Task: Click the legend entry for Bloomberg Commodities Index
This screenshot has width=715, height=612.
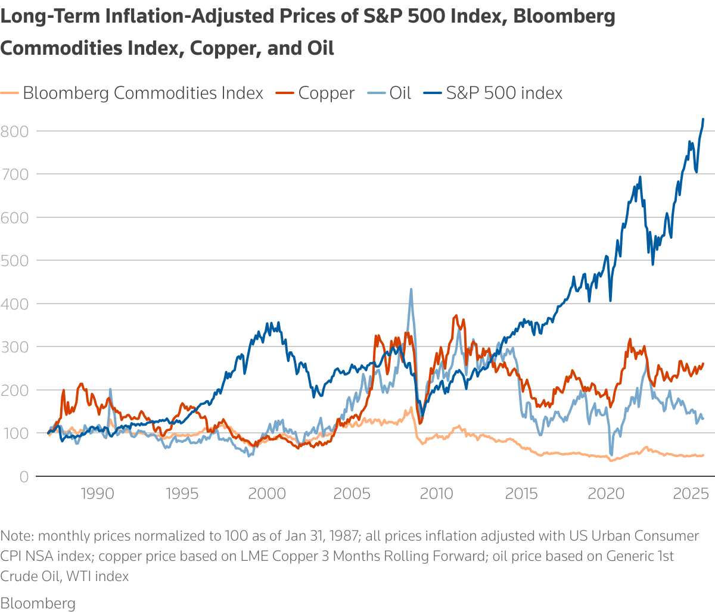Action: [x=143, y=93]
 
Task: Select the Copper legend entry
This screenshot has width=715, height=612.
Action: [x=326, y=93]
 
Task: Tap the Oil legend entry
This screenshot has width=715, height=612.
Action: [x=400, y=93]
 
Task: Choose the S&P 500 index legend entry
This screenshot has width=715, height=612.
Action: [x=504, y=93]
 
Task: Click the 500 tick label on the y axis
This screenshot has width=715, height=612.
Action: [x=14, y=260]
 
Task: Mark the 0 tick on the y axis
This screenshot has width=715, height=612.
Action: [x=23, y=476]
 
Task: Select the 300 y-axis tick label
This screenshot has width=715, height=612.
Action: [x=14, y=346]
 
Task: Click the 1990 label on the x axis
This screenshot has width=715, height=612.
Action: [x=97, y=494]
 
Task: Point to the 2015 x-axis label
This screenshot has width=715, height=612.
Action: [x=521, y=494]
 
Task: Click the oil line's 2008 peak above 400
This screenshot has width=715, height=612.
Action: [x=411, y=289]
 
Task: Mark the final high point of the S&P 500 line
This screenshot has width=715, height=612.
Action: [x=703, y=119]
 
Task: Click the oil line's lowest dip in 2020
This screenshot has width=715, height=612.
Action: [x=611, y=455]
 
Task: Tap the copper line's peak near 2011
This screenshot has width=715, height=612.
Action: [x=456, y=316]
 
